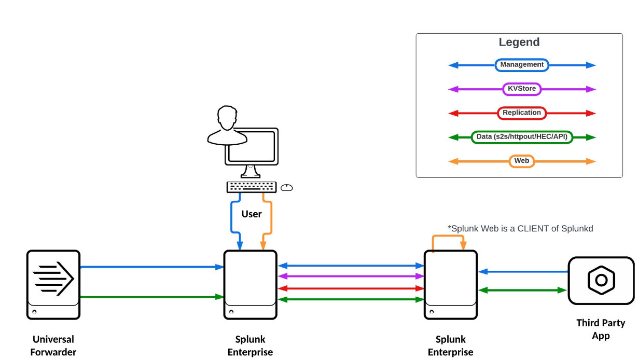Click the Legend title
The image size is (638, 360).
pos(519,43)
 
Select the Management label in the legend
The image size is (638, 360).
pos(522,65)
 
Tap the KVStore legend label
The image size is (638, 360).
pos(522,89)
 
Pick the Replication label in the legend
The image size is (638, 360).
pos(522,113)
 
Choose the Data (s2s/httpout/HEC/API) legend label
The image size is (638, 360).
pos(522,137)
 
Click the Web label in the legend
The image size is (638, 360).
pos(522,161)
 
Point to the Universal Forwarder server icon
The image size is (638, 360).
pos(53,284)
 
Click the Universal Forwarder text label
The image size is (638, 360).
pos(53,345)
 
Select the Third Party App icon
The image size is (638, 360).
pos(601,280)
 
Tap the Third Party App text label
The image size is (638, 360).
pos(601,329)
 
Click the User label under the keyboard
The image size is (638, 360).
pos(252,214)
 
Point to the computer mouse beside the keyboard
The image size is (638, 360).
pos(287,188)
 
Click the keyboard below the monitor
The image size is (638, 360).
pos(252,187)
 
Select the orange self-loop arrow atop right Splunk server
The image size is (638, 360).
pos(449,237)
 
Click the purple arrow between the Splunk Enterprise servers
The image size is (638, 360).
pos(351,276)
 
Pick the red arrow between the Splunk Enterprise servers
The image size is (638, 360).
pos(351,288)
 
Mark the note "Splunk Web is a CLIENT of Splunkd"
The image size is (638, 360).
pos(520,228)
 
